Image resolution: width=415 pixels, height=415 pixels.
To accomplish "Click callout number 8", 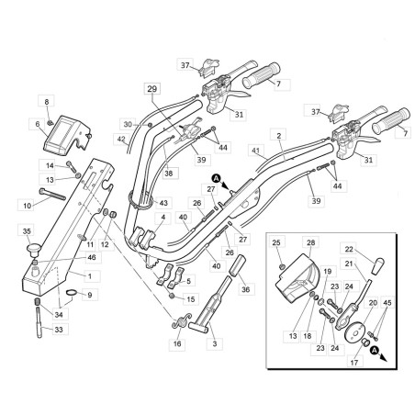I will pyautogui.click(x=49, y=98).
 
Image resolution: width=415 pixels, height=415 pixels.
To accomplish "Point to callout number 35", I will pyautogui.click(x=27, y=231).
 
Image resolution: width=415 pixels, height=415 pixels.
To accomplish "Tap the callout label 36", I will pyautogui.click(x=245, y=289).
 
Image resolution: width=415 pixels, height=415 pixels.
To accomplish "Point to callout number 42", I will pyautogui.click(x=121, y=140).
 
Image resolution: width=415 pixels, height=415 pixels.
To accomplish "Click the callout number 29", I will pyautogui.click(x=151, y=89).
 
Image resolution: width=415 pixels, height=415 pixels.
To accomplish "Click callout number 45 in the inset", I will pyautogui.click(x=387, y=303).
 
